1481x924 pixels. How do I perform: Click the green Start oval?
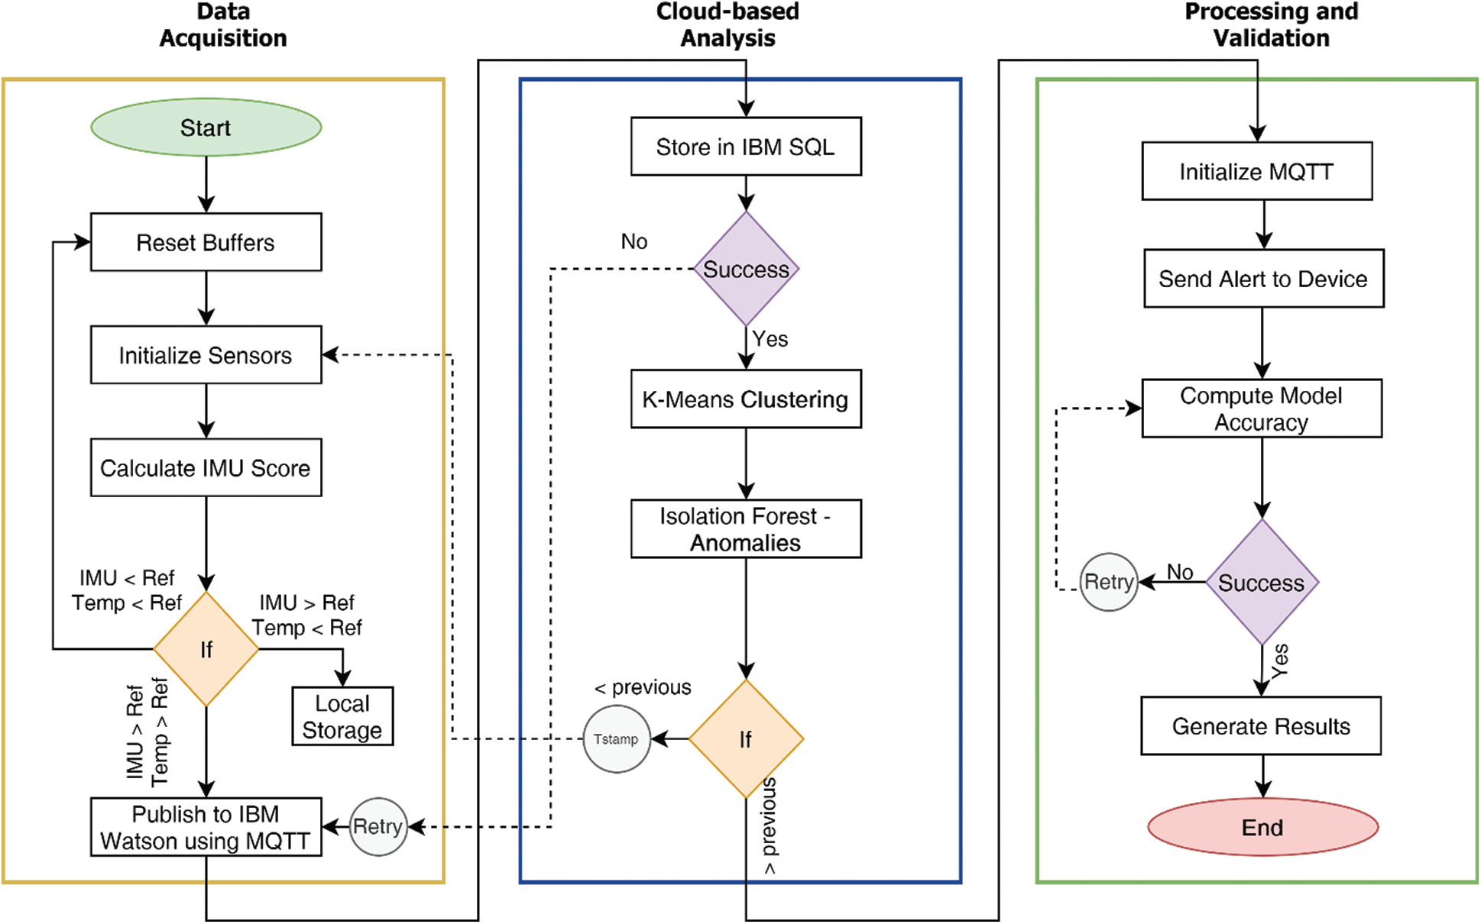click(x=206, y=128)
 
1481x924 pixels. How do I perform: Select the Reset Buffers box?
click(x=206, y=242)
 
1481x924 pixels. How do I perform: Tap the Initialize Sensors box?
click(x=206, y=355)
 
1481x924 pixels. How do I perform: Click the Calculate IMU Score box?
click(x=206, y=467)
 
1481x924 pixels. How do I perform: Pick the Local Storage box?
click(x=342, y=716)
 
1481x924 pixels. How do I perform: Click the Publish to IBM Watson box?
click(x=206, y=827)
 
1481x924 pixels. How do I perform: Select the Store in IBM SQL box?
click(x=746, y=147)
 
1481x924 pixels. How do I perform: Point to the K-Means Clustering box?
click(x=746, y=399)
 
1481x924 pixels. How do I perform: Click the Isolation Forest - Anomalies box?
click(x=746, y=529)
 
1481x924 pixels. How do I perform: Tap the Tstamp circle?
click(x=617, y=739)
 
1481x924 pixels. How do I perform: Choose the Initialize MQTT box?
click(x=1257, y=171)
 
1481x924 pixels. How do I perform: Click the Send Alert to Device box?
click(x=1263, y=279)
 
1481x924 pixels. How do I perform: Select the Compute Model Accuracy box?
click(x=1262, y=409)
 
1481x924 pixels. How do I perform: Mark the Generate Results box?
click(x=1261, y=726)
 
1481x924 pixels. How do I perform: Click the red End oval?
click(x=1262, y=827)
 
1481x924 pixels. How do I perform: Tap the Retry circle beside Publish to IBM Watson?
click(x=378, y=826)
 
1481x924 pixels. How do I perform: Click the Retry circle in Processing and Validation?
click(x=1109, y=582)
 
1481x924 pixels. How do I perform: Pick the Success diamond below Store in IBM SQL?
click(x=746, y=269)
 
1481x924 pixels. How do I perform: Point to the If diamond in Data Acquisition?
click(x=206, y=649)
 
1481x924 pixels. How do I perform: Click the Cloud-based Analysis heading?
click(x=728, y=24)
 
